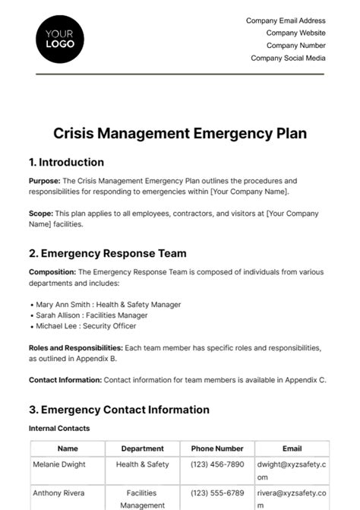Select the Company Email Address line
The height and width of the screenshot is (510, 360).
tap(286, 21)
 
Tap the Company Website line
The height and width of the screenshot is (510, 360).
tap(295, 33)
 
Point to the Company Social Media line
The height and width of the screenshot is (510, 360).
tap(288, 58)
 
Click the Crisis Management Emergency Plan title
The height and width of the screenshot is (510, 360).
tap(180, 134)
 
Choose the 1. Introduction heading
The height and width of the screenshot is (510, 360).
tap(66, 162)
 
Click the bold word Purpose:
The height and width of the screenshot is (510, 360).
tap(44, 181)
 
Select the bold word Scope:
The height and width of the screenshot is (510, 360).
tap(40, 214)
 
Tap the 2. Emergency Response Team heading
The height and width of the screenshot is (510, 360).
tap(107, 253)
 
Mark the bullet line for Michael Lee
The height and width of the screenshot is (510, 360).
tap(86, 326)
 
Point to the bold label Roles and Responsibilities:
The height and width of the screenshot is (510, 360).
tap(75, 347)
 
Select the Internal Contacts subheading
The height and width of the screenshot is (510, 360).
tap(59, 429)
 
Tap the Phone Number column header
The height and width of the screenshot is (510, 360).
tap(217, 448)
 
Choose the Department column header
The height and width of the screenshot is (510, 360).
tap(142, 448)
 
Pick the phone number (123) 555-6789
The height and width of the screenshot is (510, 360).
tap(217, 493)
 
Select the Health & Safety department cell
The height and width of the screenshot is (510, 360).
tap(142, 464)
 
